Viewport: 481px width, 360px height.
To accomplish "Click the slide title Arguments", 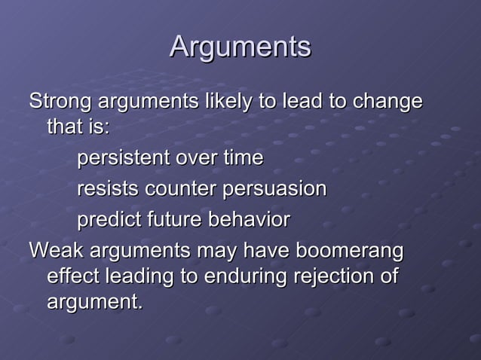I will coord(240,47).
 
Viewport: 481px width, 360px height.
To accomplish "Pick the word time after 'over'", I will coord(240,159).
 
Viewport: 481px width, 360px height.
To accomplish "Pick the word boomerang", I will coord(351,250).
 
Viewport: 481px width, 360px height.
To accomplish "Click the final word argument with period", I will coord(94,304).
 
